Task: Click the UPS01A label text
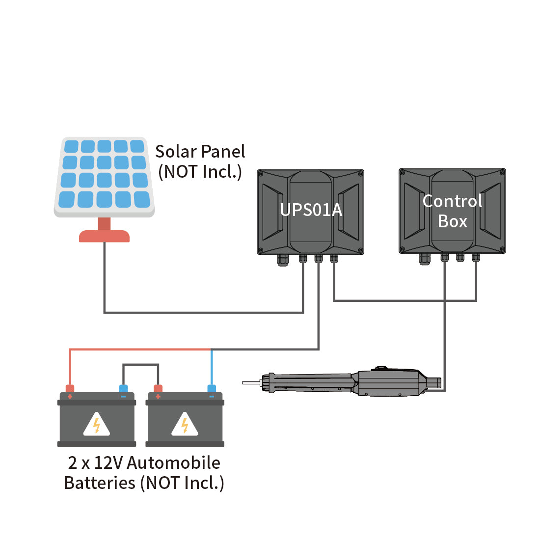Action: [x=311, y=210]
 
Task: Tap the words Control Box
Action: [x=452, y=211]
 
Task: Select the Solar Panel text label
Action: [x=200, y=152]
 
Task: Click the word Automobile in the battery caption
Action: [x=174, y=462]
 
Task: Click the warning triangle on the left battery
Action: [x=96, y=424]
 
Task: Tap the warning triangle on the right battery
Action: [x=185, y=424]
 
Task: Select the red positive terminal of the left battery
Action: [x=70, y=389]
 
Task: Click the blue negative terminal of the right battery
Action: [x=212, y=389]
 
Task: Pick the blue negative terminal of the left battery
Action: [x=123, y=389]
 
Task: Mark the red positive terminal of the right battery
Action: [x=158, y=389]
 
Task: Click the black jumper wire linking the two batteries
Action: [x=140, y=364]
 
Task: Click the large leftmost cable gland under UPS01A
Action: [x=283, y=260]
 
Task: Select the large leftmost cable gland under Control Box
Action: [x=425, y=259]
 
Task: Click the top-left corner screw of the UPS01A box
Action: [x=260, y=173]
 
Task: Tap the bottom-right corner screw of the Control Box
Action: [x=503, y=249]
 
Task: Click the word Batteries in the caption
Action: [x=100, y=483]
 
